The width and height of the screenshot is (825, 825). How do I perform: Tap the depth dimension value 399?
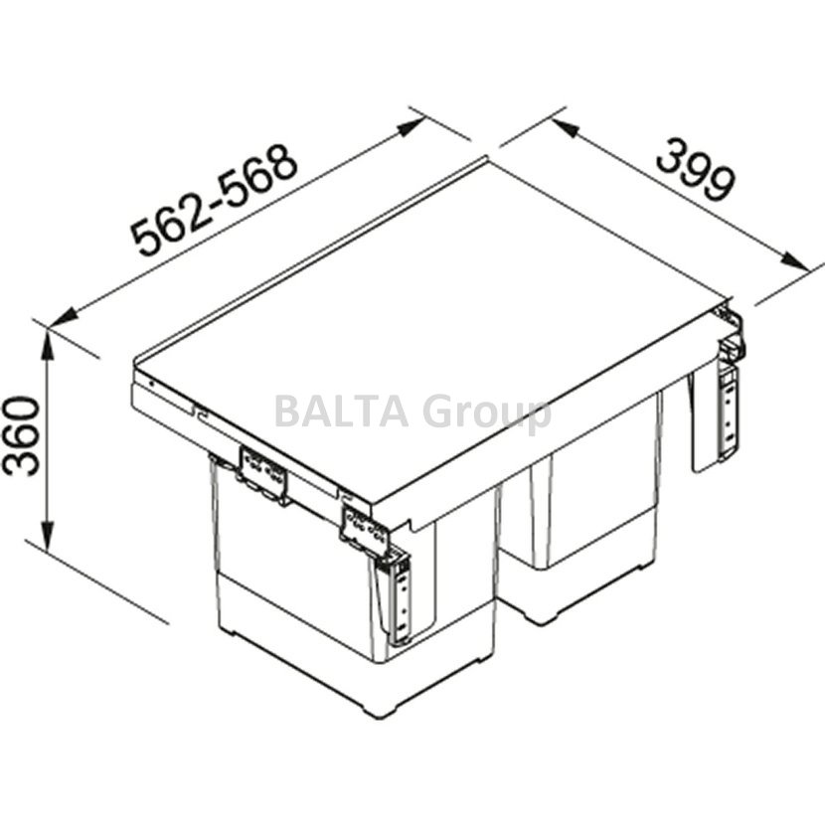(695, 169)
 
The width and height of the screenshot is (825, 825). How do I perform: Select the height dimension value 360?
(21, 436)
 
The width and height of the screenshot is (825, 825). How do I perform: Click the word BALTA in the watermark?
(342, 413)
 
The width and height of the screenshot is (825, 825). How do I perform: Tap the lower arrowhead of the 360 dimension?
(48, 537)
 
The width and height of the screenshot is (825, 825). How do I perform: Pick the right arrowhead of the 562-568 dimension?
(411, 126)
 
